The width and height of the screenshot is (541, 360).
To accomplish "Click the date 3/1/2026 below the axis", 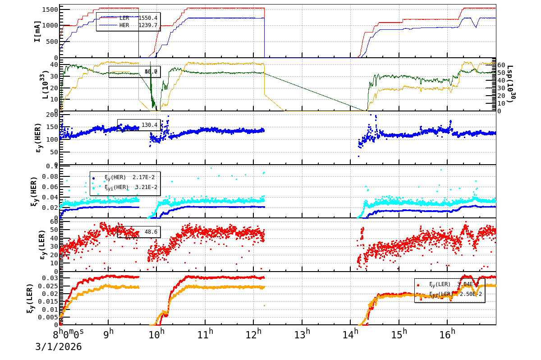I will [59, 346].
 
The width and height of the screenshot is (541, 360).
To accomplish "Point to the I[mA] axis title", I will [37, 32].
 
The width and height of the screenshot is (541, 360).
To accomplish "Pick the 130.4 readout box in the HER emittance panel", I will [150, 125].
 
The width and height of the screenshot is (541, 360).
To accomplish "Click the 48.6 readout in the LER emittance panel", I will [151, 232].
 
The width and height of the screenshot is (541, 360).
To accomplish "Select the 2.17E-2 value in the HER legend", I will [143, 177].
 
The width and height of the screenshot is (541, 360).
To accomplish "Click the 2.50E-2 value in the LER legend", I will [469, 294].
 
